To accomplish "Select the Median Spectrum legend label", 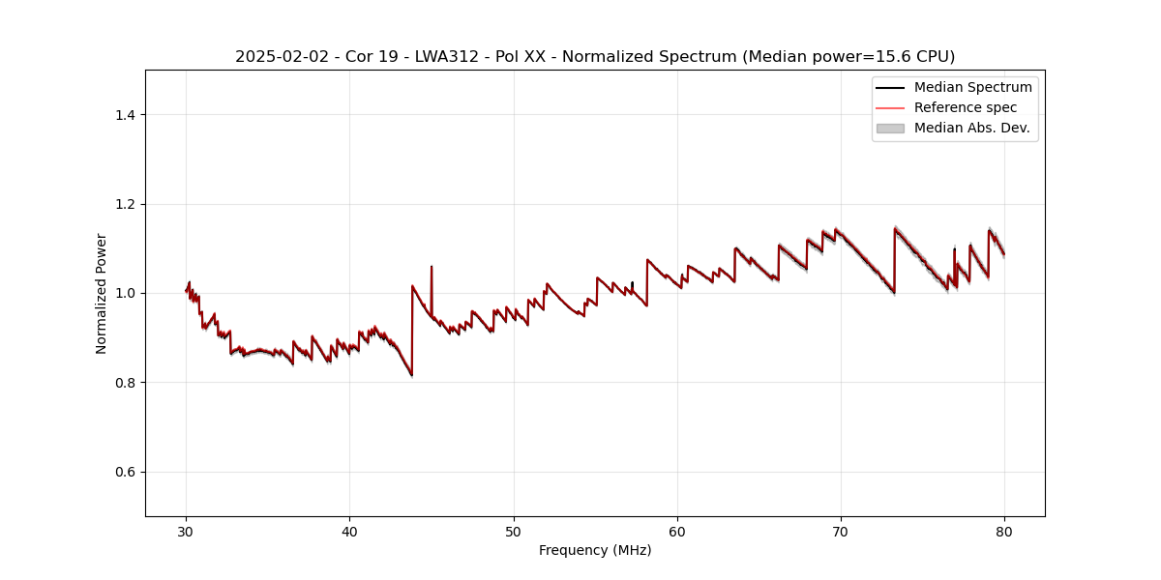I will click(972, 87).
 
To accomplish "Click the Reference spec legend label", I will click(965, 107).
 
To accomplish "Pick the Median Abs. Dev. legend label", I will click(971, 128).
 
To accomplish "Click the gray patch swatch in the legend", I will click(890, 128).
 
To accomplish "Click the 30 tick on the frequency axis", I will click(186, 531).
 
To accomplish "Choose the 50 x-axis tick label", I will click(514, 531).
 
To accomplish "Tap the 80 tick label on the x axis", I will click(1004, 531).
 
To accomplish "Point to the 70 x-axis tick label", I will click(841, 531).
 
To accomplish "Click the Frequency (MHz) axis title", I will click(595, 550).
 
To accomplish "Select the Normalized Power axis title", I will click(102, 293).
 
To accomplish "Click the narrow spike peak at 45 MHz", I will click(432, 267).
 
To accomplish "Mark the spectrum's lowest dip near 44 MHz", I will click(412, 374).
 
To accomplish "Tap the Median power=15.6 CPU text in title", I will click(848, 57).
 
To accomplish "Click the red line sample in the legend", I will click(890, 107).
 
